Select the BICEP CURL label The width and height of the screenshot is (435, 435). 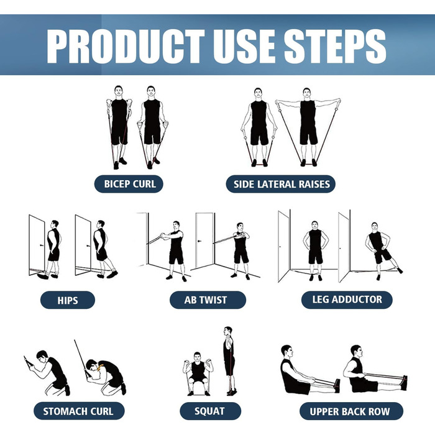click(x=129, y=184)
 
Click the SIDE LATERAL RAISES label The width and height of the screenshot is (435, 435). click(x=281, y=184)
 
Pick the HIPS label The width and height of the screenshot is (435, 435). click(x=68, y=300)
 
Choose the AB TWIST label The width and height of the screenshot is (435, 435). click(x=208, y=300)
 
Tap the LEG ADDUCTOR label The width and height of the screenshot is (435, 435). click(x=347, y=300)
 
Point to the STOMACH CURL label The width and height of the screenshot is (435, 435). click(x=79, y=411)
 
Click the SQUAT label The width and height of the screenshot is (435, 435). click(x=210, y=411)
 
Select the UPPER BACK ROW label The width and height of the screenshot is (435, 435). click(x=351, y=411)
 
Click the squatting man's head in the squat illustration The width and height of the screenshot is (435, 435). click(x=197, y=357)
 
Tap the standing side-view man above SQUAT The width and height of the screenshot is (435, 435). click(x=229, y=360)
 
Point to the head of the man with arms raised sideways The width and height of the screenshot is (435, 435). click(x=306, y=93)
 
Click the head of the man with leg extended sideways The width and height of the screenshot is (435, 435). click(x=375, y=227)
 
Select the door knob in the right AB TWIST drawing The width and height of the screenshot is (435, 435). click(x=199, y=241)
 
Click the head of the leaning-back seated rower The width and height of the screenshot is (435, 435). click(x=287, y=352)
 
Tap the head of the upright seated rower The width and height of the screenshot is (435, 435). click(x=357, y=352)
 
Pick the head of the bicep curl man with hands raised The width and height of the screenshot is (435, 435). click(x=119, y=91)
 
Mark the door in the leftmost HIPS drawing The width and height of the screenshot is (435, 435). click(x=37, y=245)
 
